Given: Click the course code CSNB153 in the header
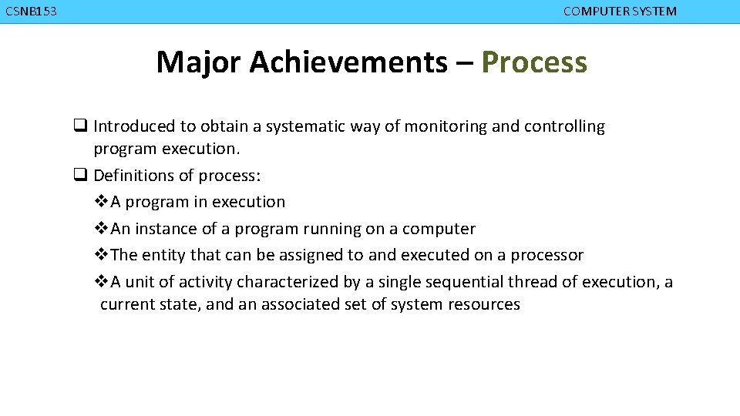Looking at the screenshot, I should point(31,12).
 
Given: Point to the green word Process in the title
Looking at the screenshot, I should point(534,62).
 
